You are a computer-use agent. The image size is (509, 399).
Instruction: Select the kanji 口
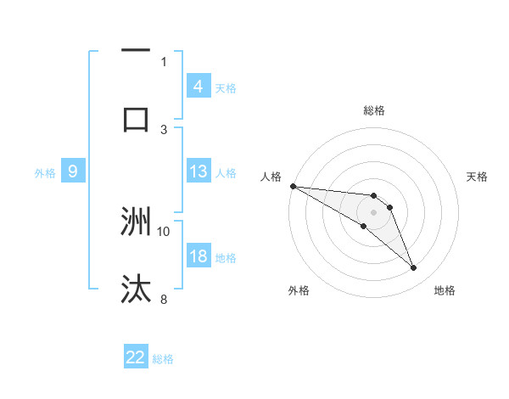click(x=136, y=119)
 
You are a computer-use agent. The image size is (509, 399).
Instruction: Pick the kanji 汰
click(x=136, y=289)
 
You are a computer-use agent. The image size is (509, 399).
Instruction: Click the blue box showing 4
click(x=198, y=87)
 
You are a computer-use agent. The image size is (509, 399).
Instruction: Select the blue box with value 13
click(x=198, y=171)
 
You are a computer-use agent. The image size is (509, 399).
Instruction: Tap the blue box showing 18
click(x=198, y=256)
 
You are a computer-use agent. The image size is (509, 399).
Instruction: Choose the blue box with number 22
click(x=136, y=357)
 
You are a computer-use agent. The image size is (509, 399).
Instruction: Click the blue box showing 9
click(x=73, y=171)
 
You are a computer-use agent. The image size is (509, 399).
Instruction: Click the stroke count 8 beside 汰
click(x=164, y=298)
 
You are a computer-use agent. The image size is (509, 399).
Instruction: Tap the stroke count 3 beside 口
click(x=164, y=128)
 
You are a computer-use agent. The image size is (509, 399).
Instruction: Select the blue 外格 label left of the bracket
click(x=45, y=172)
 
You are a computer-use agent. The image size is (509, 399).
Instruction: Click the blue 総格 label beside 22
click(x=163, y=358)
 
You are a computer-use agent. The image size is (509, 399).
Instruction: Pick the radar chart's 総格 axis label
click(x=373, y=110)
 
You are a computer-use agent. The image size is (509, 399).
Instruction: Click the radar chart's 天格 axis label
click(x=477, y=177)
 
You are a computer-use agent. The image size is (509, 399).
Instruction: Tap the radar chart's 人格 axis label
click(x=271, y=177)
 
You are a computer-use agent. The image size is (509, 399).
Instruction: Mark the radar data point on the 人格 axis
click(x=293, y=186)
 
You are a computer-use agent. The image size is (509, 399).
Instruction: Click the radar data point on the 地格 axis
click(x=413, y=268)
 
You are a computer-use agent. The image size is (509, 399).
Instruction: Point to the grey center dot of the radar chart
click(x=373, y=212)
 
